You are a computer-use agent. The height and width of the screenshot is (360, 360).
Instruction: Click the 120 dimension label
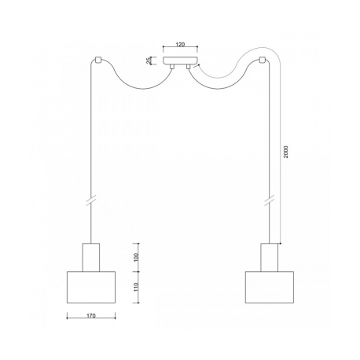[x=180, y=44]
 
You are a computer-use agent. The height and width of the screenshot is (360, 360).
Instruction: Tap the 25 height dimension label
[x=149, y=61]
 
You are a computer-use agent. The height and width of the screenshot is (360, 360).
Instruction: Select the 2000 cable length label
[x=285, y=152]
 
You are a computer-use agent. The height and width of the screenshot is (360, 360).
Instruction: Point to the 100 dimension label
[x=136, y=258]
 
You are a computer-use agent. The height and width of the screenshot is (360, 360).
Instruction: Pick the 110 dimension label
[x=136, y=287]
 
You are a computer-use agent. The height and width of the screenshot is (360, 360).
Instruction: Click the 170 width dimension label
[x=91, y=315]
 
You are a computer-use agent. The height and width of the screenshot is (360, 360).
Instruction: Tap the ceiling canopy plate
[x=180, y=61]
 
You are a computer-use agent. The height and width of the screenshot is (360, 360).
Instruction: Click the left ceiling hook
[x=98, y=60]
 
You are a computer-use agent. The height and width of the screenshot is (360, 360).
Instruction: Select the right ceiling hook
[x=263, y=60]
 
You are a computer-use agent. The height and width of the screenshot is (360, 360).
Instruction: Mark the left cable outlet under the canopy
[x=172, y=67]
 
